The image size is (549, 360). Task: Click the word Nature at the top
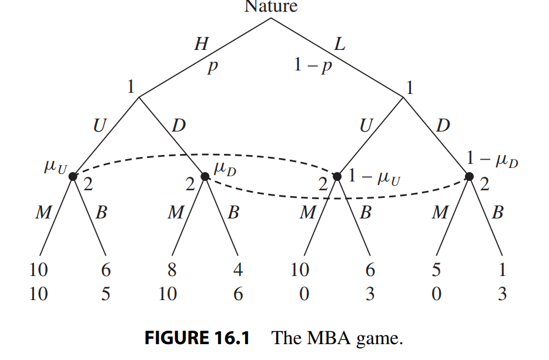271,6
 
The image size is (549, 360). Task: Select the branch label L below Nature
339,44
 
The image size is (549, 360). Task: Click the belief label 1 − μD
493,158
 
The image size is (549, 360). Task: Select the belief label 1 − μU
374,176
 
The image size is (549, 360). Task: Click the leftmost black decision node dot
72,176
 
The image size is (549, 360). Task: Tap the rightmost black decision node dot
469,176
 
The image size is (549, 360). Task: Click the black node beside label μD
205,176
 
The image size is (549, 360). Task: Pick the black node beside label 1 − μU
337,176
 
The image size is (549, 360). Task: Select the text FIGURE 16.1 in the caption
197,339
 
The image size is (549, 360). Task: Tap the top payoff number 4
237,270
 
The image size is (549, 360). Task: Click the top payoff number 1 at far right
502,270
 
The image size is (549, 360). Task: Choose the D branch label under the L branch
443,125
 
